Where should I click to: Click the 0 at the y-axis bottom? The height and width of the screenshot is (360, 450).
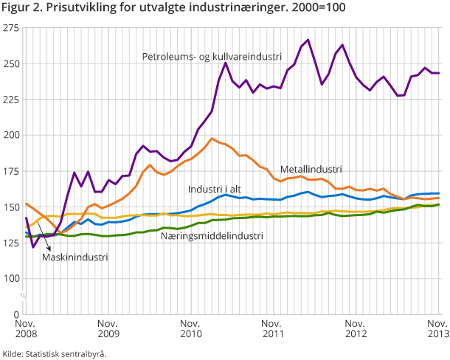17,314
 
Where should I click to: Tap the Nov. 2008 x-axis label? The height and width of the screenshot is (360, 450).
26,329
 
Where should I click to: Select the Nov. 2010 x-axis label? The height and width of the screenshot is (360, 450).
190,329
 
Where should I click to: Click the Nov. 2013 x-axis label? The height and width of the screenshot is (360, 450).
437,329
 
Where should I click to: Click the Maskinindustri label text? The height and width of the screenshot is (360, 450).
74,257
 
